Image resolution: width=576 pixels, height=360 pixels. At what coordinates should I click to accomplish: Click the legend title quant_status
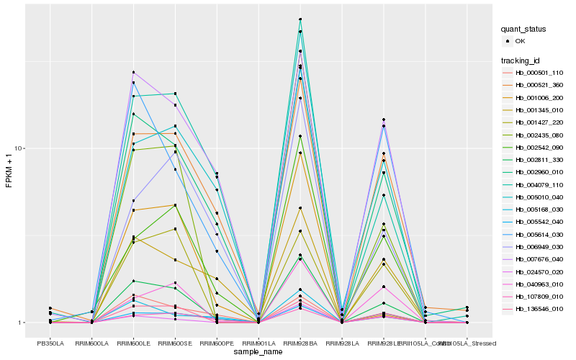(x=524, y=29)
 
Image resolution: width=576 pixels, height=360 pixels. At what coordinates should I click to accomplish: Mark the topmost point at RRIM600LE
(x=134, y=72)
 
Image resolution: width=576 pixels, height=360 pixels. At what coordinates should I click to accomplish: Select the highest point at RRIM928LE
(x=384, y=120)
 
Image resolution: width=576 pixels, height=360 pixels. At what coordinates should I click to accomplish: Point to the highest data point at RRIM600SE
(x=176, y=94)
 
